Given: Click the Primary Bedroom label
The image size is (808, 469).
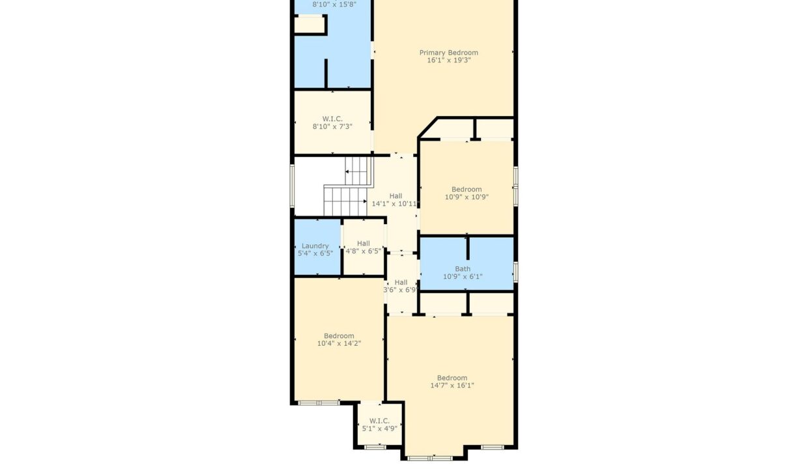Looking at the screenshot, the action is tap(449, 53).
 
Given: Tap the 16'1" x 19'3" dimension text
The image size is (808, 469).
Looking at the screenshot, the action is tap(449, 60).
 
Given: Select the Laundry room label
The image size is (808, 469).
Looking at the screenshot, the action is tap(315, 246).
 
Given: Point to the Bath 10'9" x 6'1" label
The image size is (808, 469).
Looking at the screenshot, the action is tap(463, 272).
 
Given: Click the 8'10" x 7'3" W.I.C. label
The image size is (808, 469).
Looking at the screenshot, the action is tap(332, 122).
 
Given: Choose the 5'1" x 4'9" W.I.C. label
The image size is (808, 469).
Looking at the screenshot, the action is tap(379, 425).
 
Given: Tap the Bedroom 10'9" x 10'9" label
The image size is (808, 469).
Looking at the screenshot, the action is tap(467, 193).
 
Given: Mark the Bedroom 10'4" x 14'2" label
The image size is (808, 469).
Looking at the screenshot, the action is tap(339, 339).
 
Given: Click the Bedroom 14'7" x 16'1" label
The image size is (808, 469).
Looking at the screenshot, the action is tap(452, 382).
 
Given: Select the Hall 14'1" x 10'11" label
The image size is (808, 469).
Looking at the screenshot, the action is tap(396, 200).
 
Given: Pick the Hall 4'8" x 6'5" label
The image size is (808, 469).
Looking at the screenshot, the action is tap(363, 248).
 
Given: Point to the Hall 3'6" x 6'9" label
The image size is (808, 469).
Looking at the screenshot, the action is tap(401, 286).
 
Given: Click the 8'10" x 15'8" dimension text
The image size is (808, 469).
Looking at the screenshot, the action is tap(334, 5).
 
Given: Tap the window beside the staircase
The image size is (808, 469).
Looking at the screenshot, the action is tap(292, 186).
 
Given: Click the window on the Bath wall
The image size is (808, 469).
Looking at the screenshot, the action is tap(516, 272).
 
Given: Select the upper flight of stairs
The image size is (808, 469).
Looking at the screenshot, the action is tap(358, 171).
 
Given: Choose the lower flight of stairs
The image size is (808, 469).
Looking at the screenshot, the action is tap(345, 201).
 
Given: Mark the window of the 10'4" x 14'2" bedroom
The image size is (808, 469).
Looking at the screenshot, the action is tap(319, 403).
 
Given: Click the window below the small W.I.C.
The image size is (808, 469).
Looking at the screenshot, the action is tap(375, 448).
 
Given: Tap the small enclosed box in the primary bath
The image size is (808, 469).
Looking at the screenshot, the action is tap(310, 25).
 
